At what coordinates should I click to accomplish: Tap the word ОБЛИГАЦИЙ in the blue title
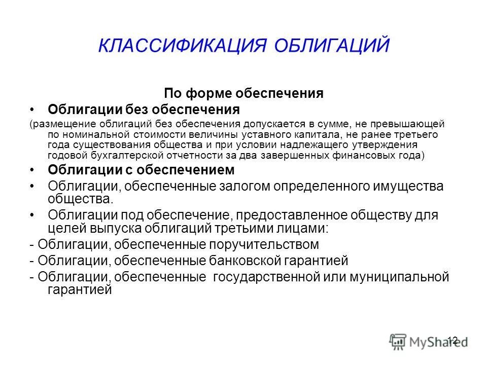[x=333, y=45]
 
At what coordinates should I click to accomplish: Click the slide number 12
[x=453, y=340]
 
